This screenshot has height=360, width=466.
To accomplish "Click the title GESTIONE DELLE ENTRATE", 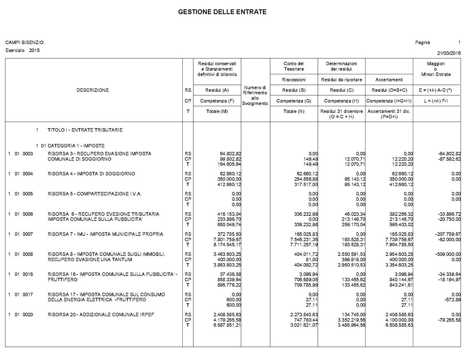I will click(x=222, y=12).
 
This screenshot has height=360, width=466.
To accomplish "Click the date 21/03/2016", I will click(x=449, y=53).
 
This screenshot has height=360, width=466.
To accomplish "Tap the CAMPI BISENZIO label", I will click(x=24, y=43).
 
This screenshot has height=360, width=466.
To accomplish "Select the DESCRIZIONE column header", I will click(x=92, y=90).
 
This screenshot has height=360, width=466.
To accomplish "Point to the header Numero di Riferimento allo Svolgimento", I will click(x=255, y=95).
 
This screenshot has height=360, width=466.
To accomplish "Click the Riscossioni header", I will click(x=294, y=80).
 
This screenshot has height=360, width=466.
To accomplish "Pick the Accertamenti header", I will click(x=389, y=80).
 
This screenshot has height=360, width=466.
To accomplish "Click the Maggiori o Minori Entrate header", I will click(x=436, y=69).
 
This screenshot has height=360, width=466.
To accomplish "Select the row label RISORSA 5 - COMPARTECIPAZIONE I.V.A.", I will click(x=95, y=194).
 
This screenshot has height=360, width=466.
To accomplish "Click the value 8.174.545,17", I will click(x=227, y=245).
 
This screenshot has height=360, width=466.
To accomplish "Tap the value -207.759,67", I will click(x=449, y=234).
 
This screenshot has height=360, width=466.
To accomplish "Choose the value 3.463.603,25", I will click(x=227, y=254).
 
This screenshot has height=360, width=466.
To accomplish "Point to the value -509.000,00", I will click(x=449, y=254).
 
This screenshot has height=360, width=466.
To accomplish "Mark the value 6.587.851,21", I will click(x=227, y=325).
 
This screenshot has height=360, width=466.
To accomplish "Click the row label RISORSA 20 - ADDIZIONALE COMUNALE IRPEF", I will click(x=101, y=315).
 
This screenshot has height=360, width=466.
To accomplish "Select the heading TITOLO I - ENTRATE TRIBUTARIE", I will click(x=85, y=130).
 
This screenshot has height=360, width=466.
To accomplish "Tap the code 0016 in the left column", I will click(x=28, y=274).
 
